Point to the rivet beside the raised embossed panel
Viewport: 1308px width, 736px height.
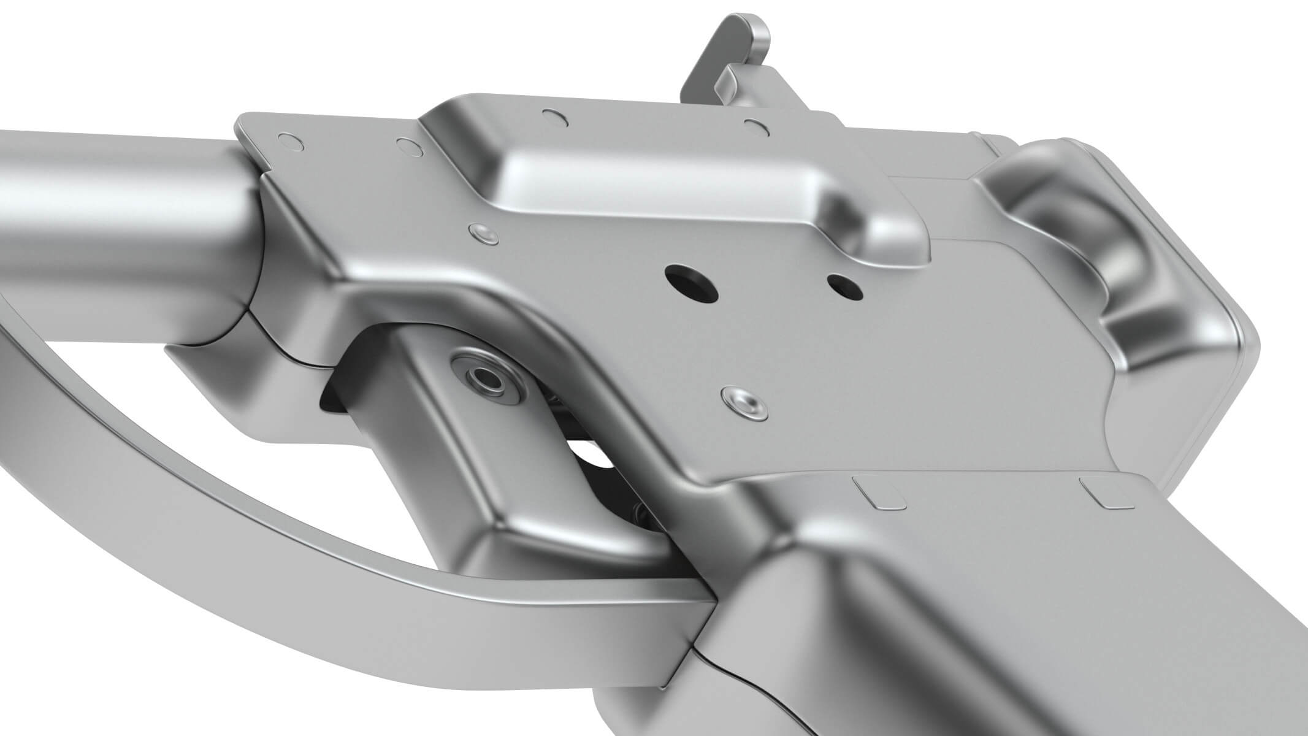[x=482, y=232]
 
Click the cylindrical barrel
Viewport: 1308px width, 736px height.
[x=123, y=190]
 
